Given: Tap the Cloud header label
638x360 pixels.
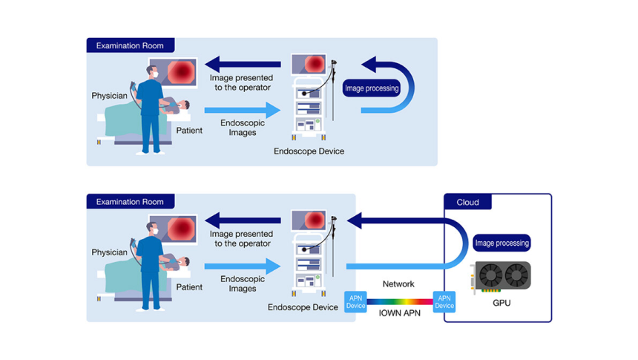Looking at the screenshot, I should [467, 202].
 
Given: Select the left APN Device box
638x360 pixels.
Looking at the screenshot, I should [356, 301].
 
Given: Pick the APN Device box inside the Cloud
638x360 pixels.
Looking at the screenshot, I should [444, 301].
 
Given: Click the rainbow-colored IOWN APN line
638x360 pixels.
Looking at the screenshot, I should [400, 301].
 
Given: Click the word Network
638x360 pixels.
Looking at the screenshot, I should [398, 284].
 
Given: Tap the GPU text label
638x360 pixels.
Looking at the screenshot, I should [501, 303].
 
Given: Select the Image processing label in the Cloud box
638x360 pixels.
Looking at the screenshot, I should [501, 243].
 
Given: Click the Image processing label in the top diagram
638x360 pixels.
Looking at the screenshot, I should [372, 88].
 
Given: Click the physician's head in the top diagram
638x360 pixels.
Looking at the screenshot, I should [152, 73].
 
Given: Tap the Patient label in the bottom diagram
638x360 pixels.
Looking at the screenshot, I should [189, 287].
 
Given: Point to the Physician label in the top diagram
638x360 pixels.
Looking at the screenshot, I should [109, 96].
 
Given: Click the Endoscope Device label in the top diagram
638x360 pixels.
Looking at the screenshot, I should [309, 151].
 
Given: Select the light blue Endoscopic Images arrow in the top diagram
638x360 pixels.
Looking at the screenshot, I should [243, 110].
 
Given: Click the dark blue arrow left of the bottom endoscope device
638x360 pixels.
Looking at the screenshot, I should [243, 219].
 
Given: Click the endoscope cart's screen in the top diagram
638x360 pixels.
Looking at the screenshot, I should [310, 65].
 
